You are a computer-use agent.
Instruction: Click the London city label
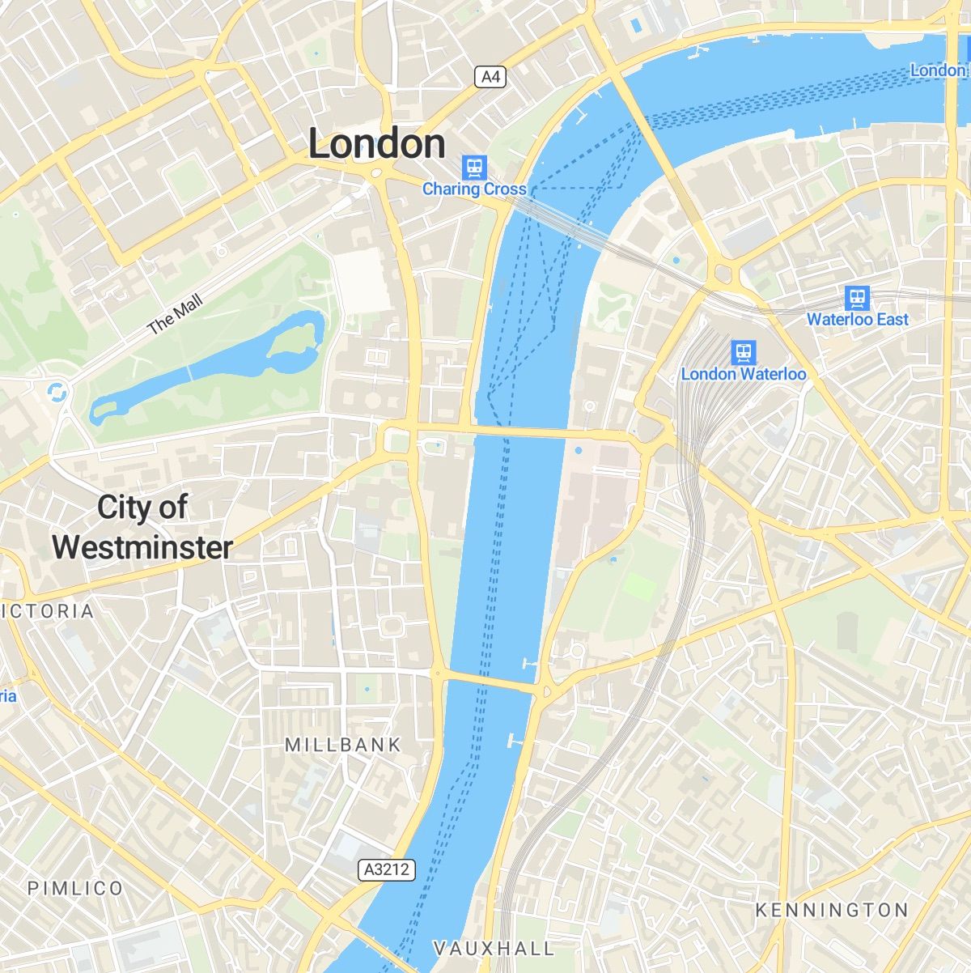tap(377, 144)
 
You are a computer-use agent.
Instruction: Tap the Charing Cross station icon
tap(474, 168)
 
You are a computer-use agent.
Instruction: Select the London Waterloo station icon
tap(743, 352)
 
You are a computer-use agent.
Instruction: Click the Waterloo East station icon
tap(857, 298)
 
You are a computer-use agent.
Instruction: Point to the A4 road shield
tap(490, 77)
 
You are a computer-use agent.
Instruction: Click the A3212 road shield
tap(387, 870)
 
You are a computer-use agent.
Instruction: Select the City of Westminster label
tap(142, 528)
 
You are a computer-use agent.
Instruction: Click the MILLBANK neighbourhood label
tap(343, 745)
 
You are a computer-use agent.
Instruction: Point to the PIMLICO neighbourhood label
tap(76, 888)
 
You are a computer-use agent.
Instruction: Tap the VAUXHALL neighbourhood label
tap(494, 948)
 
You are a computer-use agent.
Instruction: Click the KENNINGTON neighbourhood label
tap(832, 910)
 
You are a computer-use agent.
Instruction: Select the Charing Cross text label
tap(474, 189)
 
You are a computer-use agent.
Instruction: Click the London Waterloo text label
tap(743, 374)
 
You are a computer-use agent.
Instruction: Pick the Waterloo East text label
tap(857, 320)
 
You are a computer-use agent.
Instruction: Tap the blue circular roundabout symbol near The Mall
tap(57, 393)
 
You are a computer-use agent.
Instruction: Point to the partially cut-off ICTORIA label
tap(49, 611)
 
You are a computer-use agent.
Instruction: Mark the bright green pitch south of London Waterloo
tap(639, 587)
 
